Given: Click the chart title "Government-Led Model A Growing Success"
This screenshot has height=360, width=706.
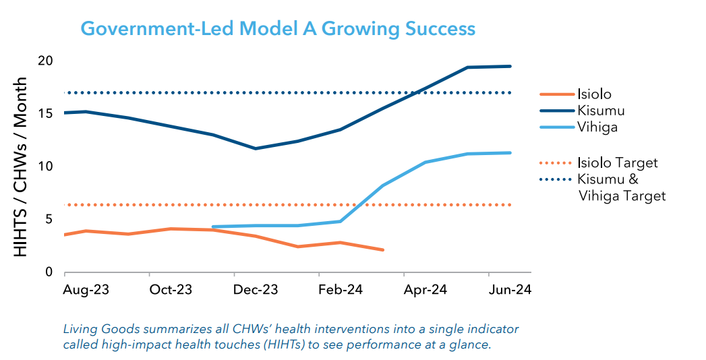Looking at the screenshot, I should tap(278, 29).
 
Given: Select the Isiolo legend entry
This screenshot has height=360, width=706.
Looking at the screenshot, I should tap(594, 94).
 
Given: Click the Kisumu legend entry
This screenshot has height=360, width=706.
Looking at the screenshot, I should tap(601, 111).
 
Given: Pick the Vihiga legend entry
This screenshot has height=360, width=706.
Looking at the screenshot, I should tap(597, 127).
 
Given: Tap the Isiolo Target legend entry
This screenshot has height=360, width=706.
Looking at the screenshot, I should tap(617, 163).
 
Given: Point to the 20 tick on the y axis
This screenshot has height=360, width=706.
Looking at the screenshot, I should tap(45, 61).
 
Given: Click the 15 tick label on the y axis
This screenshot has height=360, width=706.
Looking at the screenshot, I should tap(45, 113).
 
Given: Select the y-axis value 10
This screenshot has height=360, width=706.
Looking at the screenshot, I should tap(45, 167).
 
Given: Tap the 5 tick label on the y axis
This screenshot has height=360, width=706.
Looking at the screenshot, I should tap(49, 219).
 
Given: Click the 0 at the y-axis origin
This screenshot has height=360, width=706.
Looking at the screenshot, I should tap(49, 272).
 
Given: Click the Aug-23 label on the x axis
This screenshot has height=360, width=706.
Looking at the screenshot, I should tap(86, 290).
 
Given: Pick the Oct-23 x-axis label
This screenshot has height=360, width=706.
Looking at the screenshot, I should tap(171, 290).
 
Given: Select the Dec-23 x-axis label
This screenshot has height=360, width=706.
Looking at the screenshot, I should tap(256, 290).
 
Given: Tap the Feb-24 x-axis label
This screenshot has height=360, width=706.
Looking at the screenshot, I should tap(341, 290).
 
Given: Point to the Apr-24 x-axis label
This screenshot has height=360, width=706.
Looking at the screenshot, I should tap(425, 290).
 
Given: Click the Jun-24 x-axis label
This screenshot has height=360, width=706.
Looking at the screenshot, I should tap(510, 290).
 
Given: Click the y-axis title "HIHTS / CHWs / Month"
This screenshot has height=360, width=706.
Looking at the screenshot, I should tap(21, 167).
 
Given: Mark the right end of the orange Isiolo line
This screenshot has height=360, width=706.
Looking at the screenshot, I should tap(382, 250).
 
